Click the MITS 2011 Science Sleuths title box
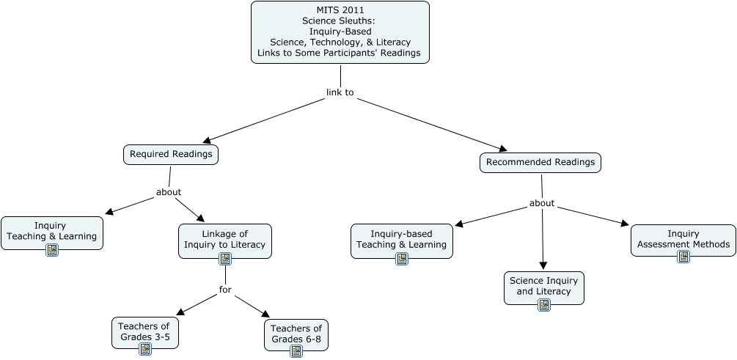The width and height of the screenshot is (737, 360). pyautogui.click(x=340, y=32)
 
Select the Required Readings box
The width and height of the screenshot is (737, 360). pyautogui.click(x=171, y=154)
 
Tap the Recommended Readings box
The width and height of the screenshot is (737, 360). pyautogui.click(x=540, y=162)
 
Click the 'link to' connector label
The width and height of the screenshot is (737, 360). pyautogui.click(x=340, y=92)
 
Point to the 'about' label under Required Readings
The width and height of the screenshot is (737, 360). pyautogui.click(x=169, y=192)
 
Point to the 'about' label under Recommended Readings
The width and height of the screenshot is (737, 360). pyautogui.click(x=542, y=203)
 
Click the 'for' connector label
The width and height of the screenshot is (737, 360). pyautogui.click(x=225, y=290)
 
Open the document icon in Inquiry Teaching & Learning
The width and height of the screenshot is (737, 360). pyautogui.click(x=52, y=250)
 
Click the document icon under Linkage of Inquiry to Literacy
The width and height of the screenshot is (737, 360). pyautogui.click(x=225, y=258)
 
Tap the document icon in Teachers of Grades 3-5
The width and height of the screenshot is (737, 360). pyautogui.click(x=145, y=349)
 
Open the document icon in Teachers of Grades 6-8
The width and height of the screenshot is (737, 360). pyautogui.click(x=296, y=351)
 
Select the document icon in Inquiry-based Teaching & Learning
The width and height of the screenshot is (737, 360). pyautogui.click(x=402, y=258)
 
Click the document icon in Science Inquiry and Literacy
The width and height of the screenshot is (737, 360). pyautogui.click(x=544, y=304)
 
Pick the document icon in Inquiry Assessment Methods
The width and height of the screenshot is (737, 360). pyautogui.click(x=683, y=256)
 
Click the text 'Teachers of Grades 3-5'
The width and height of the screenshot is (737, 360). pyautogui.click(x=144, y=331)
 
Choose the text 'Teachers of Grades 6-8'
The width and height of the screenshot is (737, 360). pyautogui.click(x=296, y=334)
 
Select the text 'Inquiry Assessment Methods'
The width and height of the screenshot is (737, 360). pyautogui.click(x=683, y=239)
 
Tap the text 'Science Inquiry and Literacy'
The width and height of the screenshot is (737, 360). pyautogui.click(x=544, y=286)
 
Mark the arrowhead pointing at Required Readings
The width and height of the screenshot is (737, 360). pyautogui.click(x=208, y=139)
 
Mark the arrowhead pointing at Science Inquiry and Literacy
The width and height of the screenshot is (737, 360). pyautogui.click(x=543, y=265)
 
